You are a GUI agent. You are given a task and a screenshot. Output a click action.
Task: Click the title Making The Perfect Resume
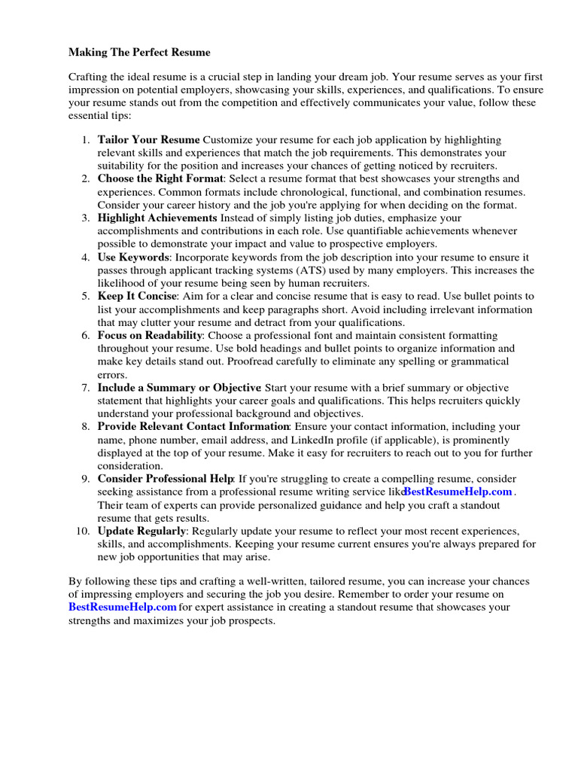click(x=139, y=53)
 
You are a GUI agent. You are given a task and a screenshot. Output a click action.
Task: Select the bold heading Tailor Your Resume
click(x=148, y=140)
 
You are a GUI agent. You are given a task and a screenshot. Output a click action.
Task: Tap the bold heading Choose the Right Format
click(x=160, y=179)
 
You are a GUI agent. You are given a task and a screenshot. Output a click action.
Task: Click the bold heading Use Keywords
click(x=132, y=258)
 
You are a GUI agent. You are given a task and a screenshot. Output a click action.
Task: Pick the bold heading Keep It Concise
click(x=138, y=297)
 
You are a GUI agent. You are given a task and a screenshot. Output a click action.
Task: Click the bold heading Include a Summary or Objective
click(x=179, y=388)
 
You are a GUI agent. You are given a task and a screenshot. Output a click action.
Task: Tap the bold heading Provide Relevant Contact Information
click(x=193, y=427)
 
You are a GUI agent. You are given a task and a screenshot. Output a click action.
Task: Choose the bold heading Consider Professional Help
click(x=166, y=479)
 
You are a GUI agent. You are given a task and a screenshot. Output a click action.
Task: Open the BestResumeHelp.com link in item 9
click(x=458, y=492)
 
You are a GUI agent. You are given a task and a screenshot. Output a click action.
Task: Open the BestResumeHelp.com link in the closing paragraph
click(x=123, y=607)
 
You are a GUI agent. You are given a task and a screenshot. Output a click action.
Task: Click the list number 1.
click(x=85, y=140)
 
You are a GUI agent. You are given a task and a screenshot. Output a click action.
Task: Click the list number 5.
click(x=85, y=297)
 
